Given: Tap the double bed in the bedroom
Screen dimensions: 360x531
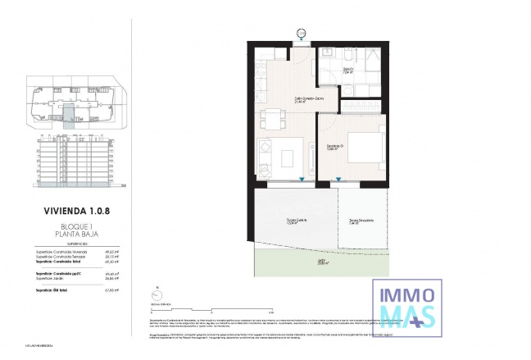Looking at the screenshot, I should pos(365,148).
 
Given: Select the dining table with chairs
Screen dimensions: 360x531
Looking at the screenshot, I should pos(271,119).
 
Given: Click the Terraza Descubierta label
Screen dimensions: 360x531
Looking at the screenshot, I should pos(361,221).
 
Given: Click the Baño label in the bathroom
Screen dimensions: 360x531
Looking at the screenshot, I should pos(347,71).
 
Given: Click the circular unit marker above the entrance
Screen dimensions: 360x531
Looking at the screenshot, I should pos(301,33).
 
